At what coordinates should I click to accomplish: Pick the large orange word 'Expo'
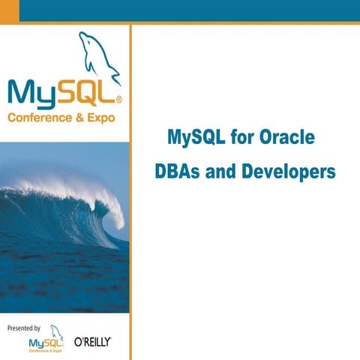tap(108, 118)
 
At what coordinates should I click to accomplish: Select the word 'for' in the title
tap(242, 139)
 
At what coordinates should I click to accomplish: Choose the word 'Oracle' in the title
tap(286, 139)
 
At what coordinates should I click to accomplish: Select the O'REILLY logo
tap(92, 341)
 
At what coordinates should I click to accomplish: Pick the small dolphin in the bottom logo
tap(57, 331)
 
